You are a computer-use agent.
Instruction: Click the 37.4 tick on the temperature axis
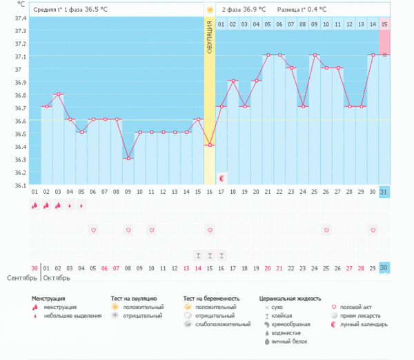pyautogui.click(x=19, y=18)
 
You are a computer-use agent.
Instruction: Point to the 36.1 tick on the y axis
pyautogui.click(x=19, y=185)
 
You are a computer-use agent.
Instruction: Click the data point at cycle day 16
pyautogui.click(x=210, y=145)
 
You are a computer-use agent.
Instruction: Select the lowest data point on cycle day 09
pyautogui.click(x=128, y=158)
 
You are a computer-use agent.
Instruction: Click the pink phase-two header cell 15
pyautogui.click(x=384, y=24)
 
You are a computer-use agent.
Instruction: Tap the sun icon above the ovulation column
pyautogui.click(x=210, y=10)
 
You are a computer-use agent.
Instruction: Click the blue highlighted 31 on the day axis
pyautogui.click(x=384, y=191)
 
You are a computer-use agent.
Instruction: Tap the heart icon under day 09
pyautogui.click(x=128, y=229)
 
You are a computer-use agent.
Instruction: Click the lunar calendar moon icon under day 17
pyautogui.click(x=221, y=178)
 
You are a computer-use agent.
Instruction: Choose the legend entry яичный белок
pyautogui.click(x=286, y=341)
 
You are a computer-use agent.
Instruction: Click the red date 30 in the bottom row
pyautogui.click(x=34, y=268)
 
